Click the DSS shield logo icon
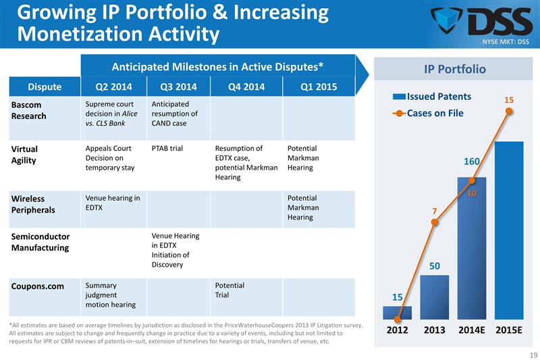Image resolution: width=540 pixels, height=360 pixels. (x=447, y=22)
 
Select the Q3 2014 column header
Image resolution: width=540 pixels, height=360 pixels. (x=178, y=86)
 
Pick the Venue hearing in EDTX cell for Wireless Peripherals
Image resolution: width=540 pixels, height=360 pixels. (x=113, y=203)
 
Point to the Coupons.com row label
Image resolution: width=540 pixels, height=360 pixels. (x=38, y=286)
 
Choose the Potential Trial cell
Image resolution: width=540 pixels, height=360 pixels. (x=230, y=290)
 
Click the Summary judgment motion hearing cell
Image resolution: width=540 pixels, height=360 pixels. (x=111, y=295)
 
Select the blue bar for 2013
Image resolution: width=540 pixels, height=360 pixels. (x=434, y=297)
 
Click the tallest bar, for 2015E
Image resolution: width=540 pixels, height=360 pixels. (x=509, y=230)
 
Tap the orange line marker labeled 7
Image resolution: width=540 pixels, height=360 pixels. (x=435, y=222)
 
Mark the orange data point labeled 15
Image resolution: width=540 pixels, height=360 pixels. (x=509, y=112)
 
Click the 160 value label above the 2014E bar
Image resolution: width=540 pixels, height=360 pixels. (x=471, y=161)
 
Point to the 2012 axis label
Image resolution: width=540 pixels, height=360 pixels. (x=398, y=332)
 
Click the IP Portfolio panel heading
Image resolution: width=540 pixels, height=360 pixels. (x=454, y=69)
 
